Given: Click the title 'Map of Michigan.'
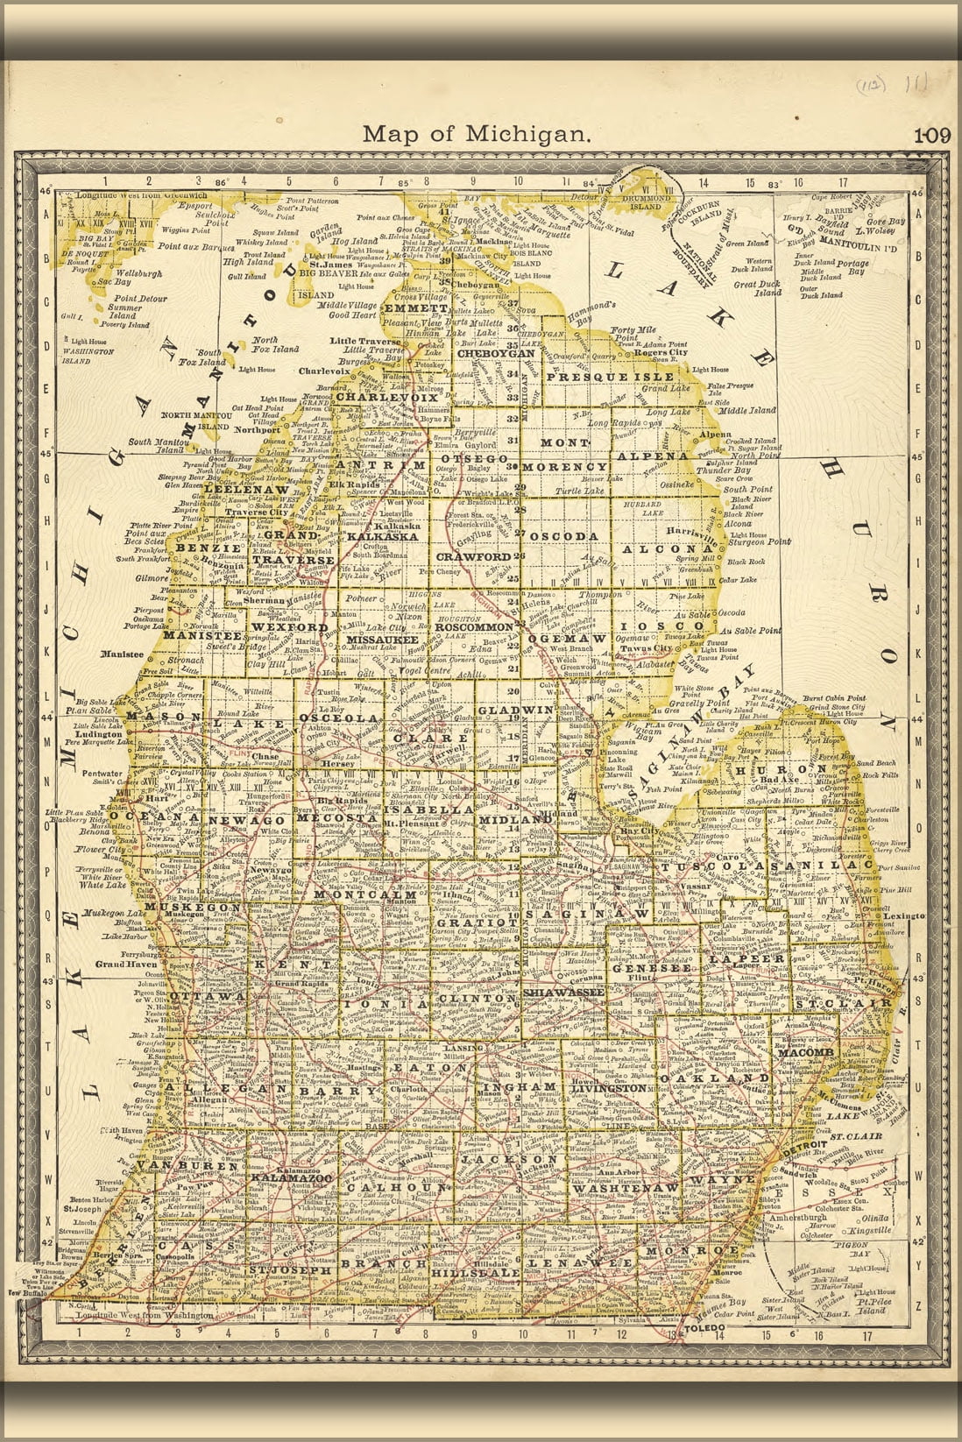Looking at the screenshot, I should [476, 134].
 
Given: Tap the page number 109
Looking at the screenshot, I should [932, 136].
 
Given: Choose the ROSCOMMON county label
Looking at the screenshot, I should [473, 627].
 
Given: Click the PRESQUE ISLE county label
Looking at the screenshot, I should [611, 376].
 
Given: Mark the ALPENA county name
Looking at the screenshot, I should [652, 456].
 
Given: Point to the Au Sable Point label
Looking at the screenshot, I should [752, 631].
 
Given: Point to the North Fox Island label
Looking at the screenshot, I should [275, 344].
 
